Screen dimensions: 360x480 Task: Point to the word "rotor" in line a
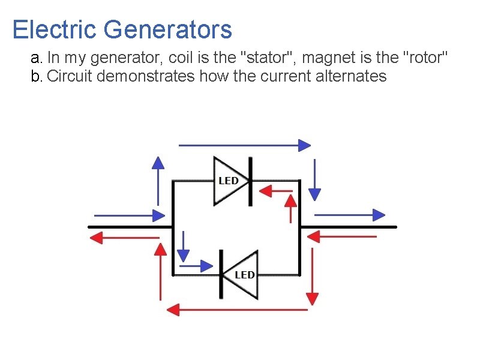pos(425,58)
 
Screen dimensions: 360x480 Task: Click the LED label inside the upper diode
pos(228,181)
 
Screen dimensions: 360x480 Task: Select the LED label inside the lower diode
pos(244,275)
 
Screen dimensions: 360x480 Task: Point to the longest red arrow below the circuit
pos(237,310)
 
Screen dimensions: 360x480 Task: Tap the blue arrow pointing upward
pos(158,180)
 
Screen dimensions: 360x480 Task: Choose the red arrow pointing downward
pos(312,275)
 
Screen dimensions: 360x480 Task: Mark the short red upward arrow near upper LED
pos(291,208)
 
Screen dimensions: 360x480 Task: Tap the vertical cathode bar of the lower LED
pos(221,275)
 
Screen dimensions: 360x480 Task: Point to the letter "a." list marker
pos(37,58)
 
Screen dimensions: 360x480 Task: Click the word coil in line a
pos(180,58)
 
